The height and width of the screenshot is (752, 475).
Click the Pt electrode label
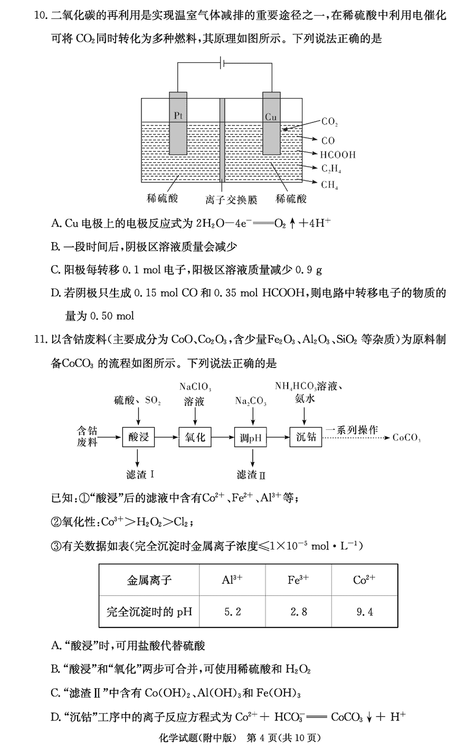click(x=178, y=115)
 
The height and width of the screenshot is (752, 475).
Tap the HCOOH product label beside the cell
click(x=338, y=155)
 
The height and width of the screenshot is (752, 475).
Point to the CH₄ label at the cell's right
click(x=330, y=185)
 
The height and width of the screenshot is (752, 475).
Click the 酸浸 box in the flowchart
click(x=139, y=437)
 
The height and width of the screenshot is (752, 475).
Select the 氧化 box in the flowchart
click(x=195, y=437)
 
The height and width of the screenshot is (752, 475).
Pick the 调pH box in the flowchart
click(x=251, y=437)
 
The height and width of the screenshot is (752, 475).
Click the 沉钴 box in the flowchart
click(x=306, y=437)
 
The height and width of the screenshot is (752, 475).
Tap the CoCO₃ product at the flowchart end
click(x=406, y=438)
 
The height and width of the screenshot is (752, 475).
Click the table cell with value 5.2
click(x=232, y=612)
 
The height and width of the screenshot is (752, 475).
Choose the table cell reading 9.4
click(x=364, y=612)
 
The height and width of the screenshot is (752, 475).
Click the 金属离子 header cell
click(x=149, y=580)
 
